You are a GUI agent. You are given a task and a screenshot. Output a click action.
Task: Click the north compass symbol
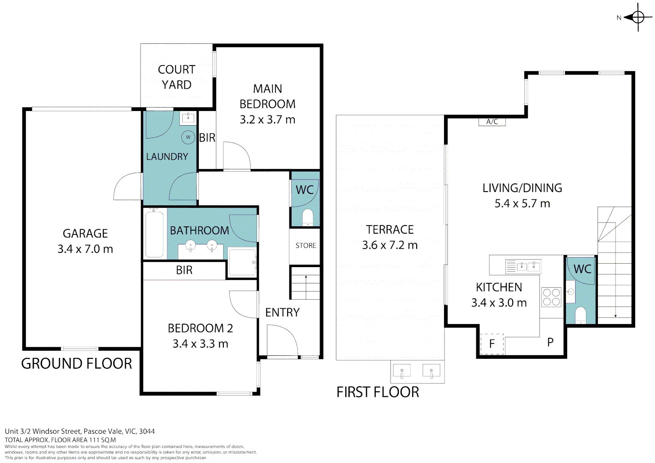click(638, 18)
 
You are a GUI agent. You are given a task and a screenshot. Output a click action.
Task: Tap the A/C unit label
click(492, 122)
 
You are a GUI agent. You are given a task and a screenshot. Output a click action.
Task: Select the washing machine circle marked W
click(188, 137)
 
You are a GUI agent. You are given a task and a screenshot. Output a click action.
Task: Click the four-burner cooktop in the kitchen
click(551, 297)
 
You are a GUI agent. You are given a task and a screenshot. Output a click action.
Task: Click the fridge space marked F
click(492, 344)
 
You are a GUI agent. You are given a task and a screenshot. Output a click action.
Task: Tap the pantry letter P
click(550, 342)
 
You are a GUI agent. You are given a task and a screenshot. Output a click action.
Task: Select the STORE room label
click(306, 245)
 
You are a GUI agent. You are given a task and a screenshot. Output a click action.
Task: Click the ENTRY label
click(282, 313)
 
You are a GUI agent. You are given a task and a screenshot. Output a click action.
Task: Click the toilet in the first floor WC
click(580, 315)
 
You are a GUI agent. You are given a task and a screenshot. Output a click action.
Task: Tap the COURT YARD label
click(176, 77)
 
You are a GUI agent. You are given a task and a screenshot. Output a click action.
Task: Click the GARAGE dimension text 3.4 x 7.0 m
click(85, 249)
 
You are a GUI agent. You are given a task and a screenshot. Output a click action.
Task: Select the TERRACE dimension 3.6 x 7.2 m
click(390, 245)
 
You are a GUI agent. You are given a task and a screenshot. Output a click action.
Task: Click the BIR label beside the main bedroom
click(207, 138)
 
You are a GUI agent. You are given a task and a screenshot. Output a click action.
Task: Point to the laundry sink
click(188, 118)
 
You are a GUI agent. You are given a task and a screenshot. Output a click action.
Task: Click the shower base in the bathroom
click(242, 262)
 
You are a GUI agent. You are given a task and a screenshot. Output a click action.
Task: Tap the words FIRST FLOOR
click(378, 392)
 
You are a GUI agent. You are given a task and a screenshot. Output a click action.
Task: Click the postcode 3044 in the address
click(147, 431)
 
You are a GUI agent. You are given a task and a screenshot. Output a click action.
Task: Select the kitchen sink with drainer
click(523, 266)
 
